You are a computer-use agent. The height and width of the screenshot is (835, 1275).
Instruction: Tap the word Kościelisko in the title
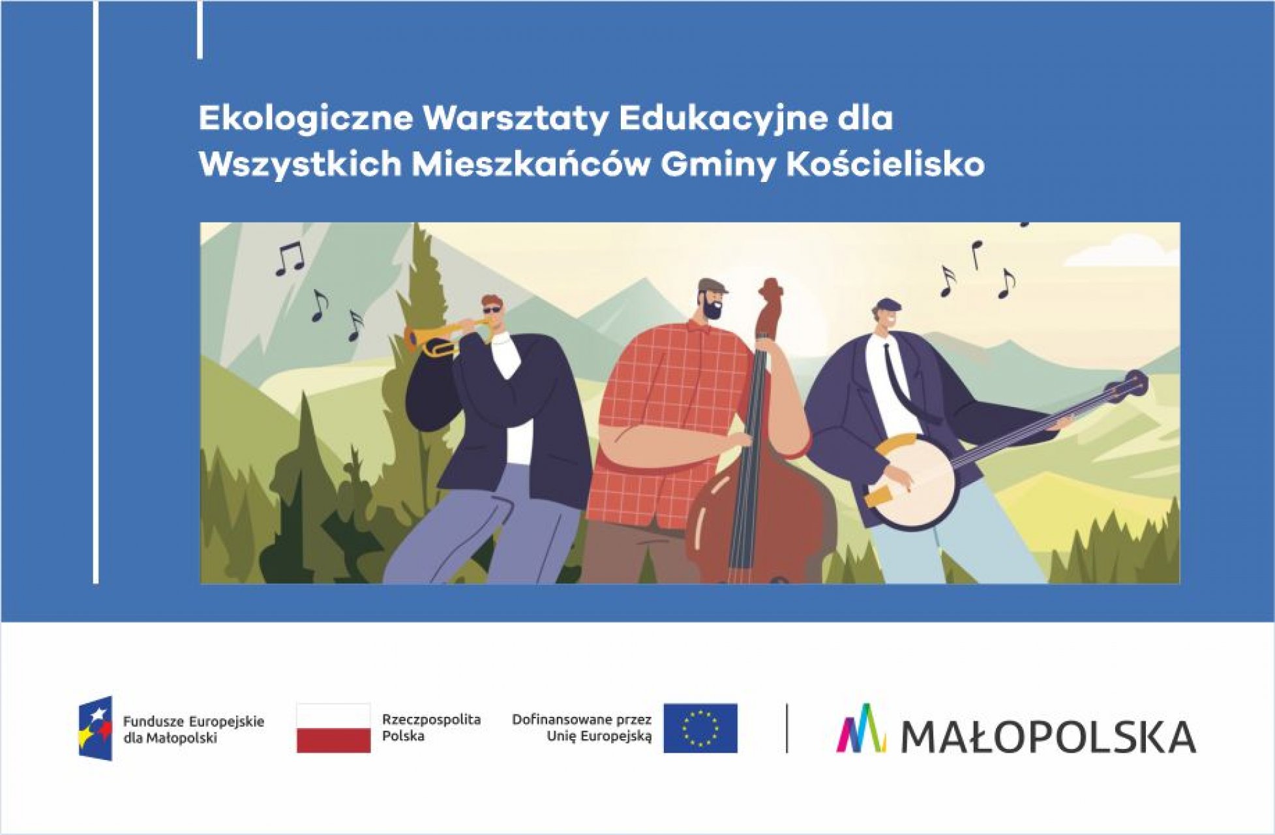click(885, 164)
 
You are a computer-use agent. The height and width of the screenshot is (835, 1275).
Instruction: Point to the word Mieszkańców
click(530, 165)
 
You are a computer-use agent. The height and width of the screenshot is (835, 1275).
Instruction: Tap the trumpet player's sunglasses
click(492, 310)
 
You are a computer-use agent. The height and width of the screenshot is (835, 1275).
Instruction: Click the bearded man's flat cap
click(712, 286)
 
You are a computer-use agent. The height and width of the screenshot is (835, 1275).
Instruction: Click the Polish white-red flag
click(333, 728)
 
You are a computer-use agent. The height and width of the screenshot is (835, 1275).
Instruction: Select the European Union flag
click(700, 728)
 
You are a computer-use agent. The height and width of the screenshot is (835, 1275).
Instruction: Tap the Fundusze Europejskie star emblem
click(96, 728)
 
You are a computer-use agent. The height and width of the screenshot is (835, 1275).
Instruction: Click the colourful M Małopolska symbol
click(861, 728)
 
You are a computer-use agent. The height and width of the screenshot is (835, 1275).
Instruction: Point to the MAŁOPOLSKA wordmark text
click(1048, 736)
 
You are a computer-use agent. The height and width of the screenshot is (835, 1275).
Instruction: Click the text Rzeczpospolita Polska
click(431, 727)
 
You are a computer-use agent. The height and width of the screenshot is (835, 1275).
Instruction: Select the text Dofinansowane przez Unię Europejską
click(582, 727)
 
